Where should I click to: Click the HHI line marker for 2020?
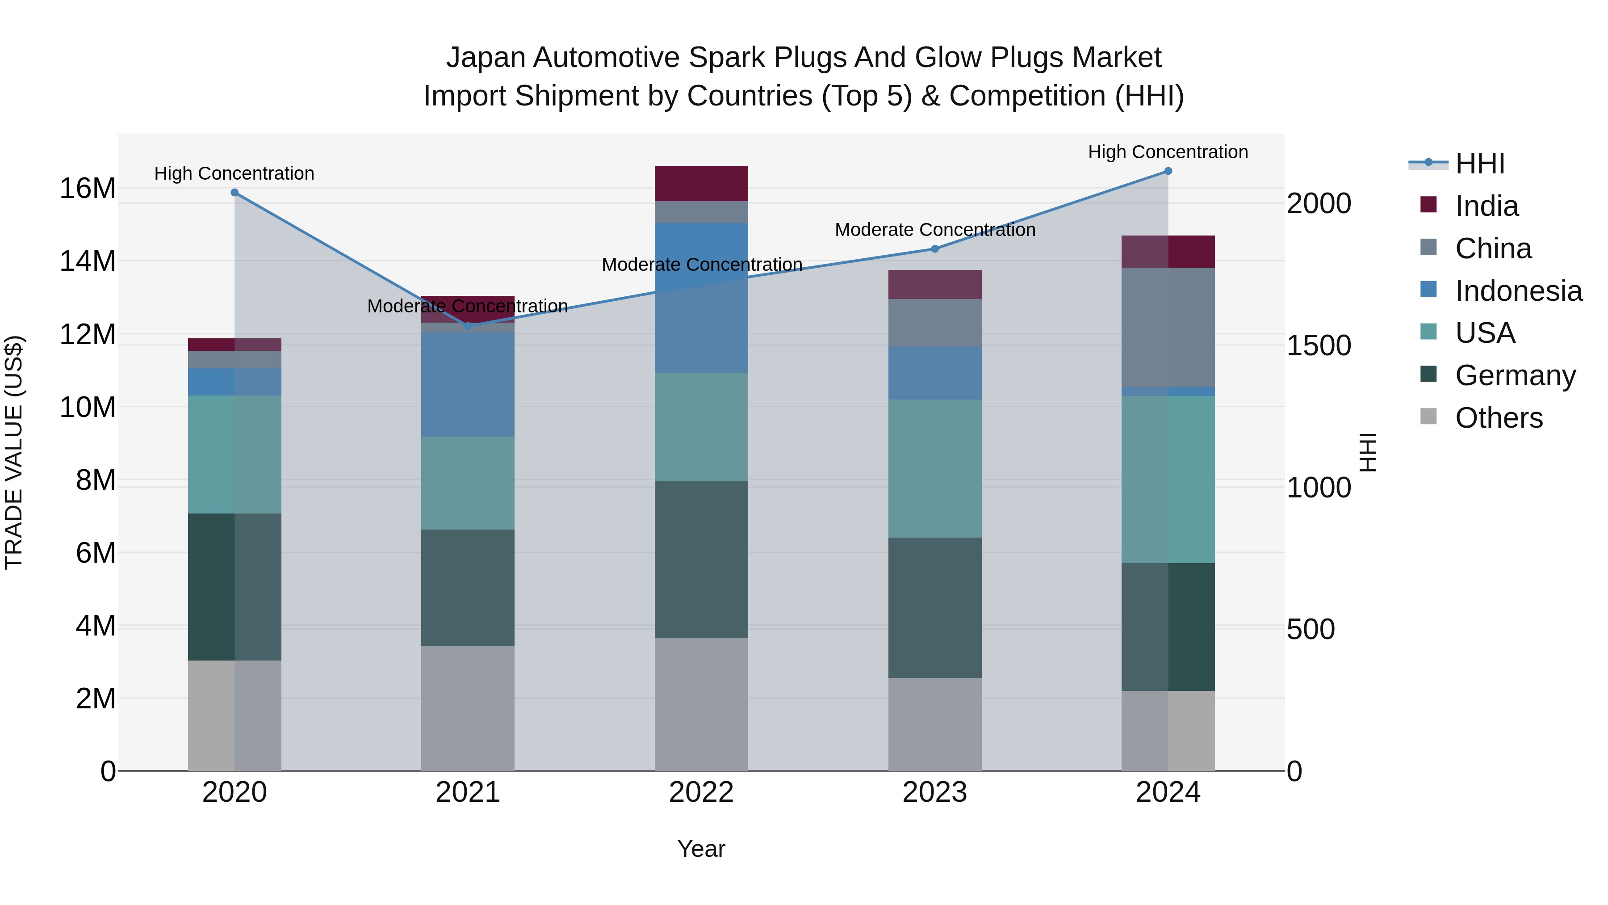(x=234, y=192)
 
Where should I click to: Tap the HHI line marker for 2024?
(x=1168, y=171)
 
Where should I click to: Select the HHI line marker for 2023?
(x=934, y=248)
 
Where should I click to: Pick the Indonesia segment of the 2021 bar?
(x=468, y=384)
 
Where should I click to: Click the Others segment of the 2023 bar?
(x=934, y=724)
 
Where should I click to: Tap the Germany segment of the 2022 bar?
(x=701, y=559)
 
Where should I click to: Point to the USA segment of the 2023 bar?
(x=934, y=468)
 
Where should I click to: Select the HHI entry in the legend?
(x=1479, y=164)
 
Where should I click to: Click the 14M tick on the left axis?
(x=88, y=261)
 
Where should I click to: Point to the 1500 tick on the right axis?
(x=1319, y=345)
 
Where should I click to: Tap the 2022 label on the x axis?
(x=701, y=792)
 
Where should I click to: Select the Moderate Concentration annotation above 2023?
(x=934, y=230)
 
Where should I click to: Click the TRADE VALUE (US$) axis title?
(x=14, y=452)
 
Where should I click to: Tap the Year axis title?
(x=701, y=849)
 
